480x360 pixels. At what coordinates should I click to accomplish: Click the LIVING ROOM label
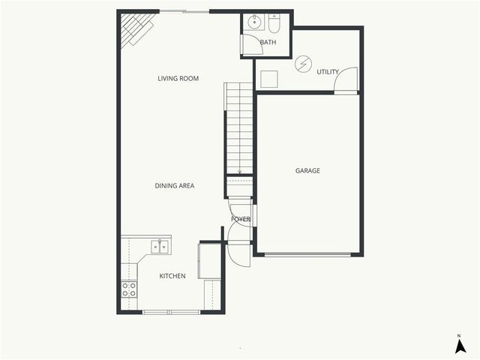(x=178, y=78)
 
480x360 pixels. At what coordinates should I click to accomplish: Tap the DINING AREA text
(x=175, y=185)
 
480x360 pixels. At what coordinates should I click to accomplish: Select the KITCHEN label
(x=172, y=276)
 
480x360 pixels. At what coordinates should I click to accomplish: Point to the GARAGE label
(x=307, y=171)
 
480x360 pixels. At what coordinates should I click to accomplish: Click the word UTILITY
(x=328, y=72)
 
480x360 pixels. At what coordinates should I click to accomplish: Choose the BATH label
(x=268, y=43)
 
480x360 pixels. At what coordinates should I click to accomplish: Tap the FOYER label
(x=241, y=219)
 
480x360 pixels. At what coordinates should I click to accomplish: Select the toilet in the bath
(x=274, y=25)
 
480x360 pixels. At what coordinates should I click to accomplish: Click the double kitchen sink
(x=160, y=245)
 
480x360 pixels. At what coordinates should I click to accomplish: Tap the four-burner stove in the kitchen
(x=129, y=289)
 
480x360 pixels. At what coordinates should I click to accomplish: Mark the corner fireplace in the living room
(x=136, y=29)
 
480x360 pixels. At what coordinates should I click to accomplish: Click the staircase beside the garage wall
(x=240, y=127)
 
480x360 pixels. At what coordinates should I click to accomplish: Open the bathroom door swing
(x=250, y=43)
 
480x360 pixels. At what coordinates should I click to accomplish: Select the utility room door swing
(x=347, y=79)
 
